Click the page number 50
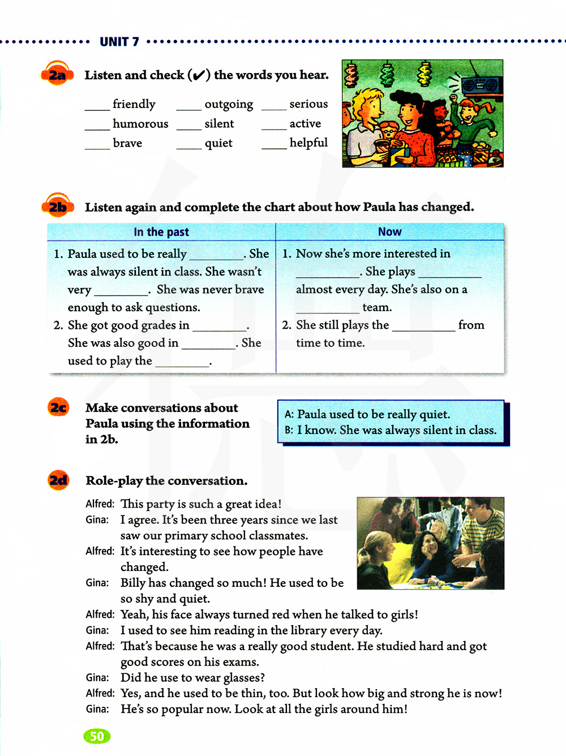pos(97,736)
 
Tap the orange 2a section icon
pos(57,75)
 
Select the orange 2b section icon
pos(57,207)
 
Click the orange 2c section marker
pos(58,407)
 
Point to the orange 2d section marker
pos(58,480)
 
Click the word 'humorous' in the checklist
pos(140,124)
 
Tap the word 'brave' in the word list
pos(127,143)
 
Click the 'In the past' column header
pos(161,232)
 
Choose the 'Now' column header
pos(389,232)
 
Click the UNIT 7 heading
pos(119,42)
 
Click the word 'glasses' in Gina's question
pos(243,678)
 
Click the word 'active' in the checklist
pos(305,123)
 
